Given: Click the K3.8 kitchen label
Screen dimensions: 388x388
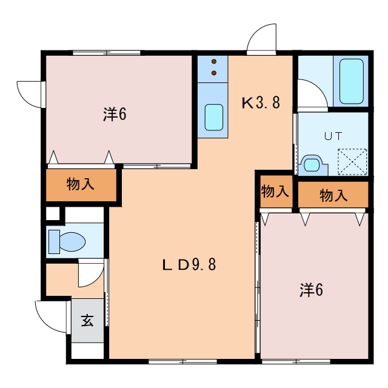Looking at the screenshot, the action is point(261,102).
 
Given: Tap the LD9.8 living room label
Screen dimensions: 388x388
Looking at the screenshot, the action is point(189,264).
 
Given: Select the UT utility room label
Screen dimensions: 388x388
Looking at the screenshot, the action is point(333,136).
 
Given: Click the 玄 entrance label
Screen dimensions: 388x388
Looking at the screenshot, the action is point(87,321).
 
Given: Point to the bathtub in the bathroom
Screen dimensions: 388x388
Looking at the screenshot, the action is point(352,81).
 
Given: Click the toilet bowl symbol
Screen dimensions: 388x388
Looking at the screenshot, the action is point(72,242).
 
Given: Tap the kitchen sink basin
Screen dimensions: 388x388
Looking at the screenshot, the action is point(214,117).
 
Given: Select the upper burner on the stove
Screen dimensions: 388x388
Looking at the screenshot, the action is point(214,61).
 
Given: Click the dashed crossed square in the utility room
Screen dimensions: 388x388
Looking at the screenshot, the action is point(352,162).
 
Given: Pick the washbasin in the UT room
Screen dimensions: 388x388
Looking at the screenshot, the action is point(311,164).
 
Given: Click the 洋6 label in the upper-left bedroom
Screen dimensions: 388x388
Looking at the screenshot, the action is point(115,115).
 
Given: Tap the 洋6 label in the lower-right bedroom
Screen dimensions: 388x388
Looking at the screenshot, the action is point(311,290).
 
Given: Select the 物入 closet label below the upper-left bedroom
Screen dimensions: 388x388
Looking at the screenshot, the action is point(81,184).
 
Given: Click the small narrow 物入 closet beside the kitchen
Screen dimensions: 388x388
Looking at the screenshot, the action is point(275,191).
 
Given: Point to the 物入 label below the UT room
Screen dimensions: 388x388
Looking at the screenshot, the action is point(333,195).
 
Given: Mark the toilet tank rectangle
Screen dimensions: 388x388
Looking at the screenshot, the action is point(54,242).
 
